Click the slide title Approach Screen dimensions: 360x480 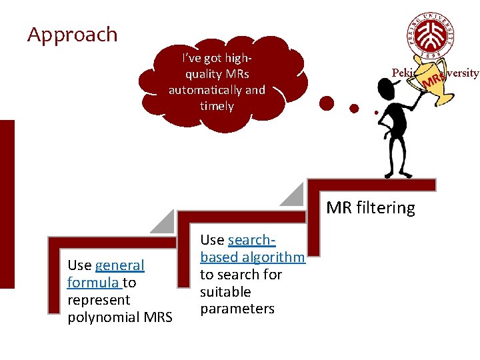(x=72, y=35)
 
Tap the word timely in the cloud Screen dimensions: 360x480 (x=217, y=106)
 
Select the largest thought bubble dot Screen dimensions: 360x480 (x=327, y=103)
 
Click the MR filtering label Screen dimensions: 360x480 (x=370, y=208)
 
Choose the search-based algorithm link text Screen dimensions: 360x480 (x=252, y=249)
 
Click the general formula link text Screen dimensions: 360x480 (x=105, y=274)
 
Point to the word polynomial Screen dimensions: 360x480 (x=101, y=317)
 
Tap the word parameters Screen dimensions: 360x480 (x=237, y=309)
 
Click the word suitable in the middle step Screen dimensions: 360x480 (x=225, y=292)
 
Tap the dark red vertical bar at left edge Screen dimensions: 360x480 (x=7, y=203)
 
